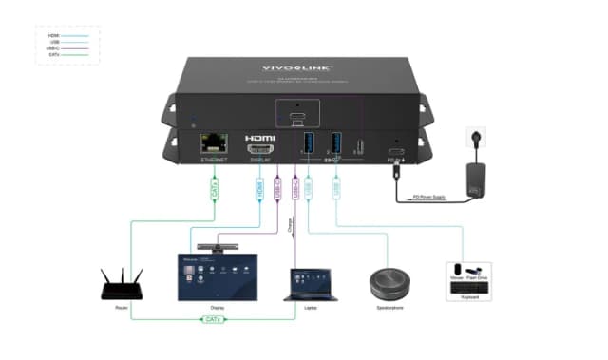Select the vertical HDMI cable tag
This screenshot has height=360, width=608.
click(258, 190)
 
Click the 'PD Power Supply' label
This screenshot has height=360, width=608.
click(427, 198)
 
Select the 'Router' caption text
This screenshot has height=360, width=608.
click(121, 307)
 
